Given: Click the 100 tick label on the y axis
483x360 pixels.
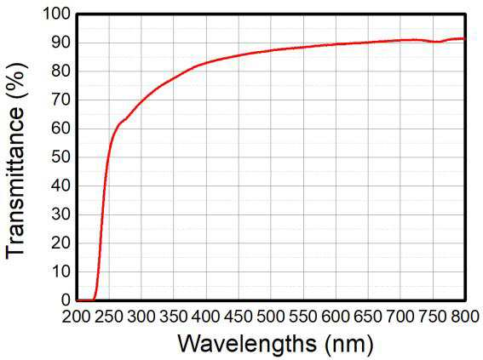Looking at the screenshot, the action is click(57, 14).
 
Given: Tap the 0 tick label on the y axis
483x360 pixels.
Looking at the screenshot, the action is click(66, 300).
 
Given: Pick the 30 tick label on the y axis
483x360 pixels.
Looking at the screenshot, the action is click(61, 214).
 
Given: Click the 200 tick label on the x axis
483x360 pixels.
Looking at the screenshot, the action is click(76, 316).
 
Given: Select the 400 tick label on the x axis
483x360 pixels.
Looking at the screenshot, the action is click(206, 316).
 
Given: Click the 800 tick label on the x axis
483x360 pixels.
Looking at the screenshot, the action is click(465, 316).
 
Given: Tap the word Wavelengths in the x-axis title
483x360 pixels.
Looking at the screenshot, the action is click(247, 343).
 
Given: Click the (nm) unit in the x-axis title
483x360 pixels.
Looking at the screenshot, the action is click(349, 344).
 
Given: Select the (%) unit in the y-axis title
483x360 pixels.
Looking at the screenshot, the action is click(17, 81).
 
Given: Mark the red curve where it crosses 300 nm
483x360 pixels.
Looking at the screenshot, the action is click(141, 100).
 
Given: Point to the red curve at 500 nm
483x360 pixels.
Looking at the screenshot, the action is click(272, 50).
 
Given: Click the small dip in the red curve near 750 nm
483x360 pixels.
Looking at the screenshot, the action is click(438, 42).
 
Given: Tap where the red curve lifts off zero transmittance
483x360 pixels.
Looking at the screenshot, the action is click(94, 299).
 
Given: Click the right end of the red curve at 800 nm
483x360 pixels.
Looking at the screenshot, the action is click(463, 38).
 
